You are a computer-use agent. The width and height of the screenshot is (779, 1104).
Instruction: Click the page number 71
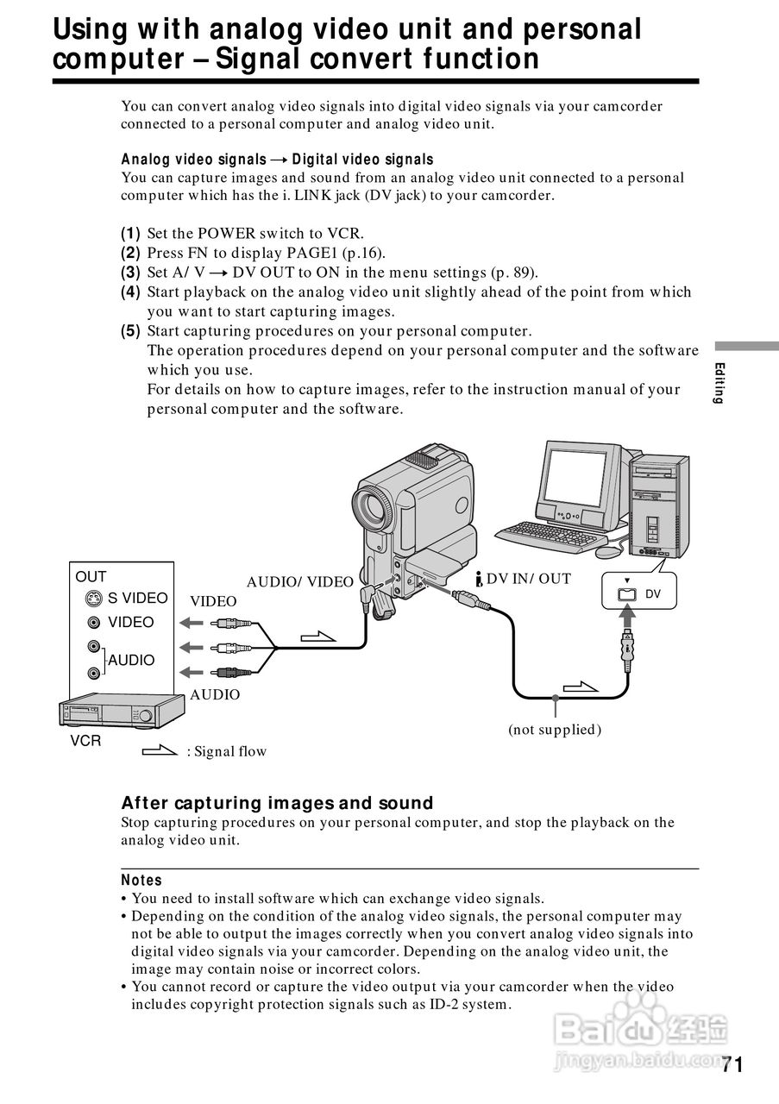(732, 1064)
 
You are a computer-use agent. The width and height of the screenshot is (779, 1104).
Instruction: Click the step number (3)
(130, 273)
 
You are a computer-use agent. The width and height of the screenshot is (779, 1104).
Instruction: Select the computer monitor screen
(579, 478)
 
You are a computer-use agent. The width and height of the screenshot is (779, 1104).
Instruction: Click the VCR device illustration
(121, 712)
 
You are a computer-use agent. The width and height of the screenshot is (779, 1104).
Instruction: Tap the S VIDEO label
(137, 599)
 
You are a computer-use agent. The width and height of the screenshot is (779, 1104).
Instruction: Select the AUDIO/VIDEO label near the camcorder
(299, 582)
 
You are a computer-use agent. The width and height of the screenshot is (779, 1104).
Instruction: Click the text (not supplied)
(554, 730)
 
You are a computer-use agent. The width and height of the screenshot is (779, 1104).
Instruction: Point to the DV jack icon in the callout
(627, 593)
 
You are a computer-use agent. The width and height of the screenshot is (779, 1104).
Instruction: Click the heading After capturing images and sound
(277, 803)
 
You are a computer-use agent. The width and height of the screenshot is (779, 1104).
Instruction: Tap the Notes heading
(141, 880)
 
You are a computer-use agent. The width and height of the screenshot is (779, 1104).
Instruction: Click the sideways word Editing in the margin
(719, 384)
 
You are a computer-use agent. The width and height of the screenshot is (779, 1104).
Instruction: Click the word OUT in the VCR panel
(91, 577)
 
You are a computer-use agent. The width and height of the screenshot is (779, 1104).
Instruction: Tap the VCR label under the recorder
(85, 741)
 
